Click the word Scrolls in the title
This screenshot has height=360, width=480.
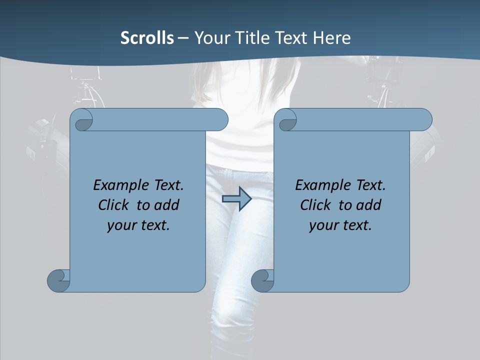(x=147, y=38)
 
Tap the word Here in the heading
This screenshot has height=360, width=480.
(x=332, y=38)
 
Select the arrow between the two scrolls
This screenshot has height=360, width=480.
(x=236, y=199)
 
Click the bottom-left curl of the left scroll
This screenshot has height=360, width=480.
(x=58, y=280)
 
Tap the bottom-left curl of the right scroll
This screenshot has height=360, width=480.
(x=262, y=280)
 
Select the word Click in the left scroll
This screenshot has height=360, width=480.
(x=113, y=205)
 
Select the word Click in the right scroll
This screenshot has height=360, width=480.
(x=315, y=205)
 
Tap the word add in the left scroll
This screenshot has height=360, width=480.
(x=166, y=205)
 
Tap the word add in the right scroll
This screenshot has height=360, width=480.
(x=368, y=205)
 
